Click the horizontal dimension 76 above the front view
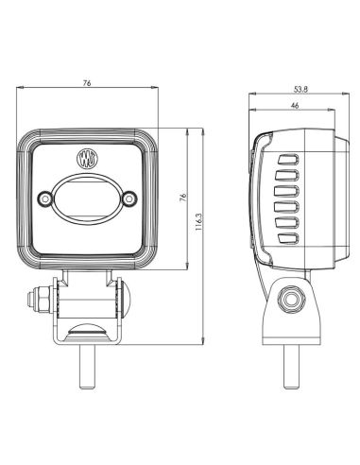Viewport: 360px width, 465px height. point(87,84)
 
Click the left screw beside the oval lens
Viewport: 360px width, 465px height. point(43,198)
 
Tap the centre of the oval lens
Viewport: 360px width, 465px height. point(88,197)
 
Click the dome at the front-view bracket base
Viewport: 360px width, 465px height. point(87,328)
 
